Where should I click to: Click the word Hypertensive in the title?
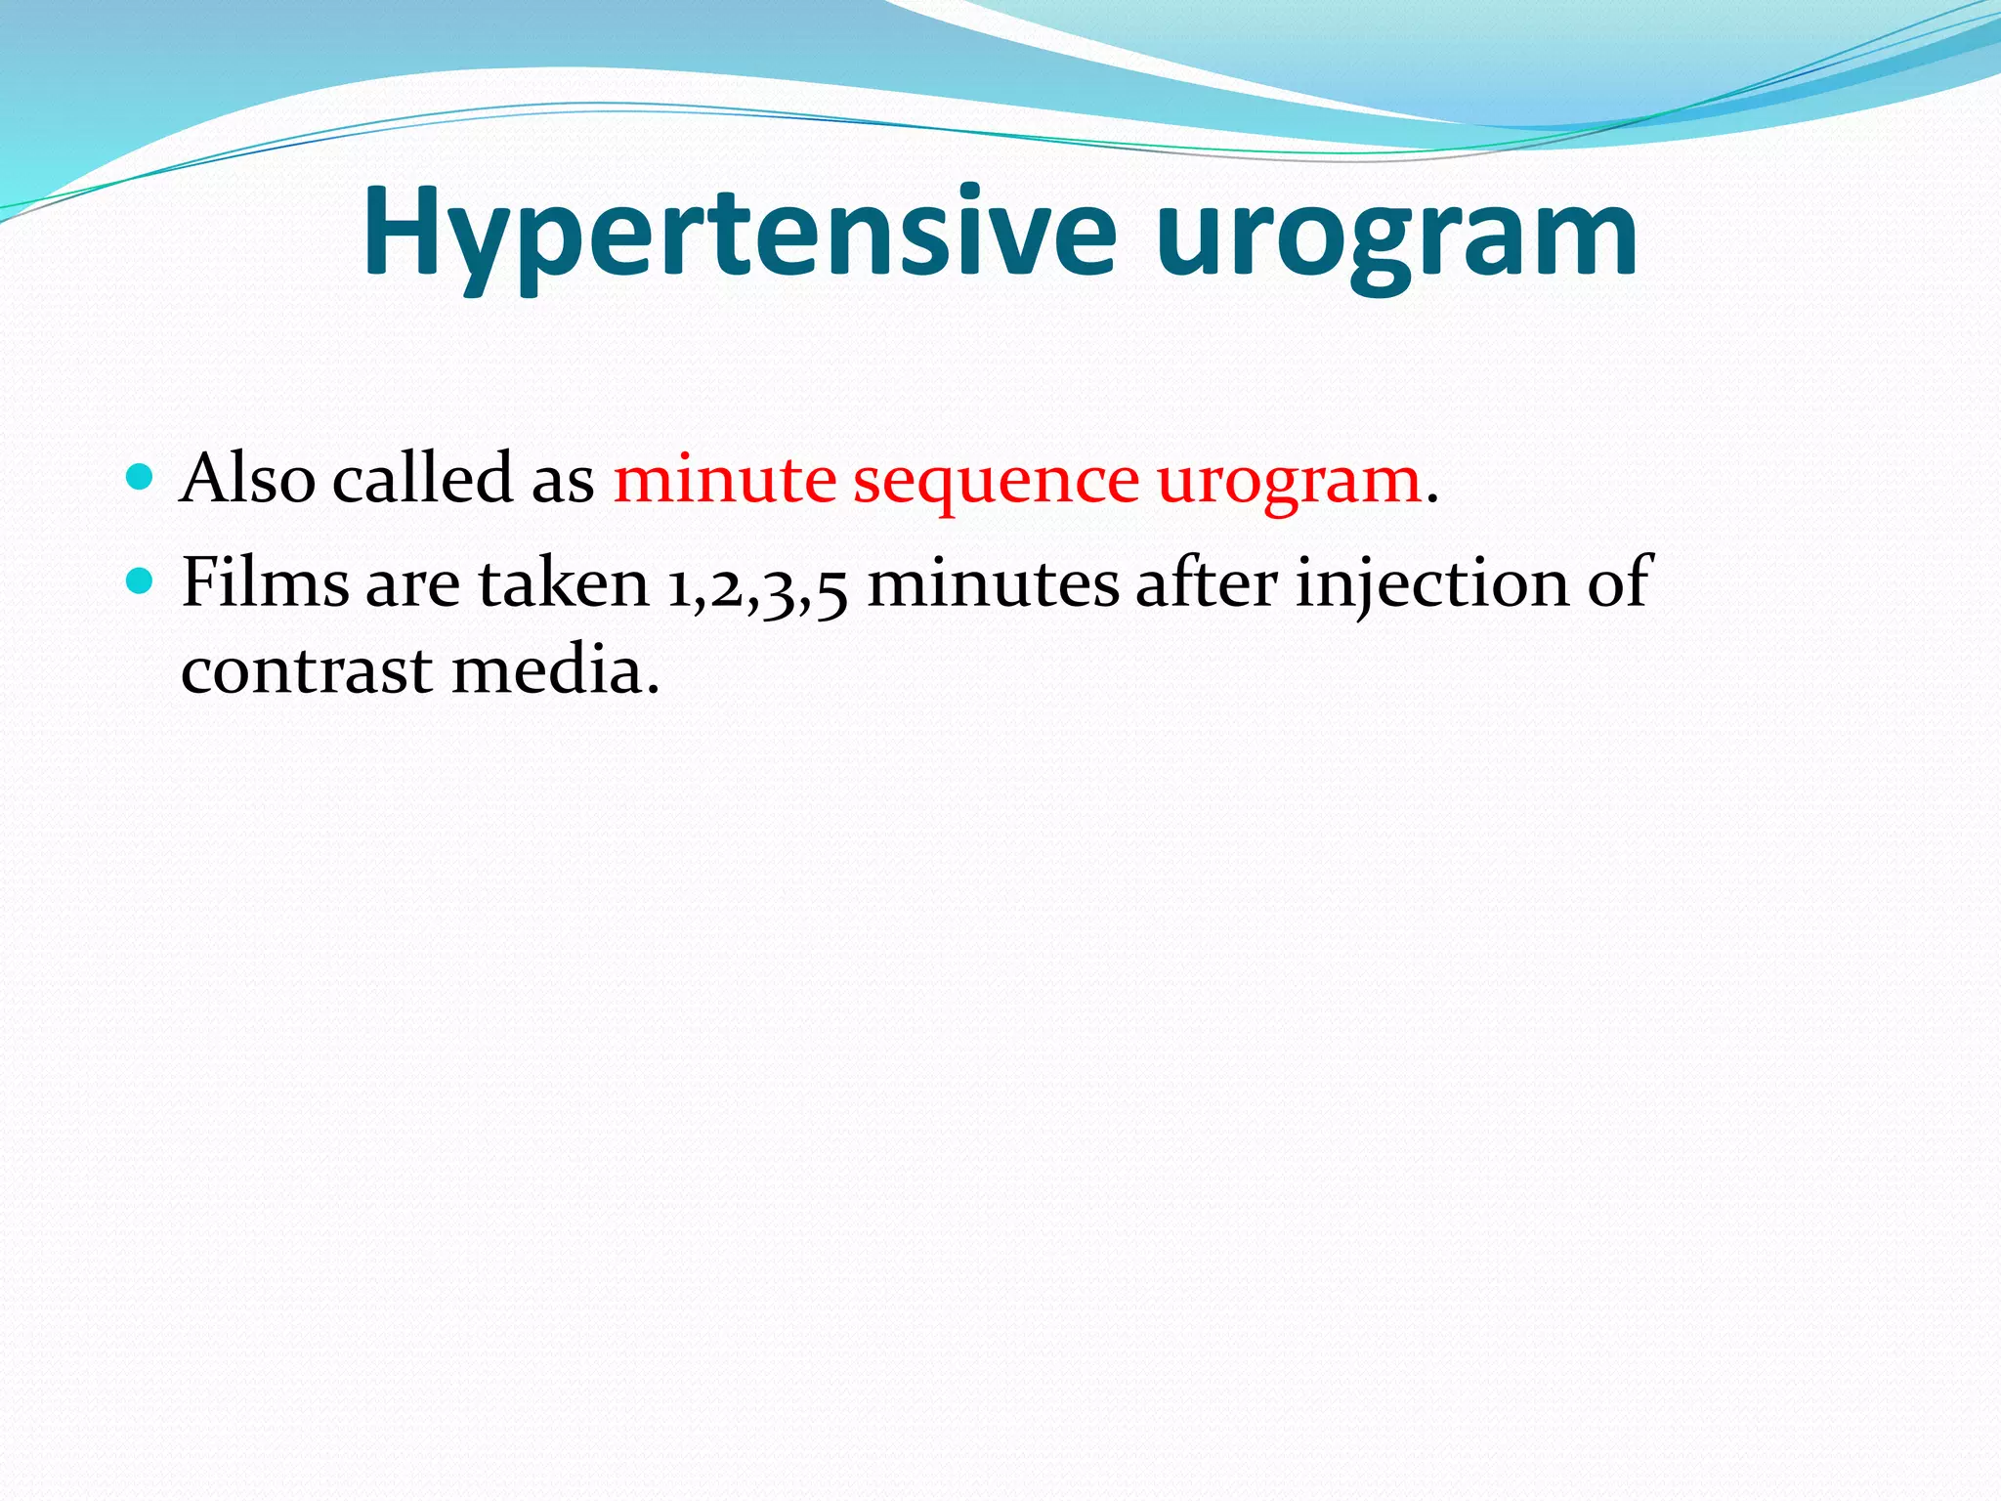[x=739, y=235]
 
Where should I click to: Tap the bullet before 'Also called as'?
[x=141, y=478]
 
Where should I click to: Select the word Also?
[x=248, y=479]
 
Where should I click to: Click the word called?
[x=422, y=479]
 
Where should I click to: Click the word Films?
[x=265, y=582]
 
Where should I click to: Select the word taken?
[x=563, y=582]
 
